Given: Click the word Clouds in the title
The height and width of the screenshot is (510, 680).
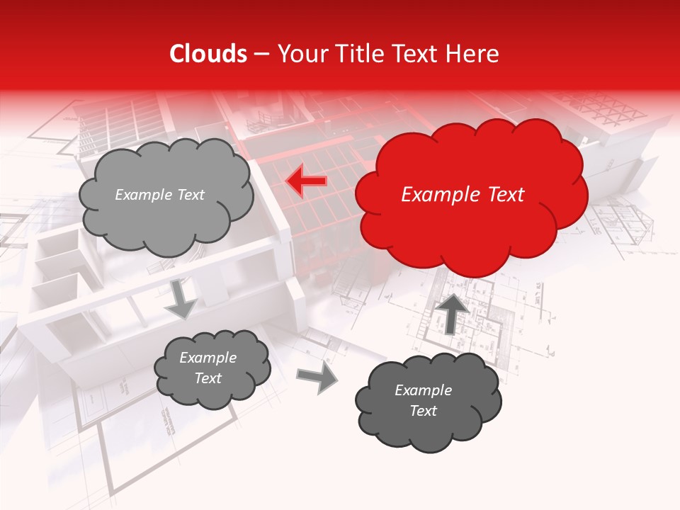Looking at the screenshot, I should [208, 54].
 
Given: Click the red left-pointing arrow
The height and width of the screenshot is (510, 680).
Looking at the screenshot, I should [306, 182].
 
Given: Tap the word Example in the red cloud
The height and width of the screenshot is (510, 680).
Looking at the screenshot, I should [439, 195].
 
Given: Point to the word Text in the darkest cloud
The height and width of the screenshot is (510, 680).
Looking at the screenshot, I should [423, 411].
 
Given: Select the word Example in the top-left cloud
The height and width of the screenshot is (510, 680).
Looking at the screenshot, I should [144, 195].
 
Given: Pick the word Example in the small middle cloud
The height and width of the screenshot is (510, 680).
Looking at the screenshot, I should [208, 358].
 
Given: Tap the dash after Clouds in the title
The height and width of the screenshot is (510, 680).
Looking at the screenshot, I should [261, 54].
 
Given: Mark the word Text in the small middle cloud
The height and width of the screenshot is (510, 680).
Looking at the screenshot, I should [208, 378].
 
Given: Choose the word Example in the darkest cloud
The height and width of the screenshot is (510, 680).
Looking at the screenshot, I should [423, 390].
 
